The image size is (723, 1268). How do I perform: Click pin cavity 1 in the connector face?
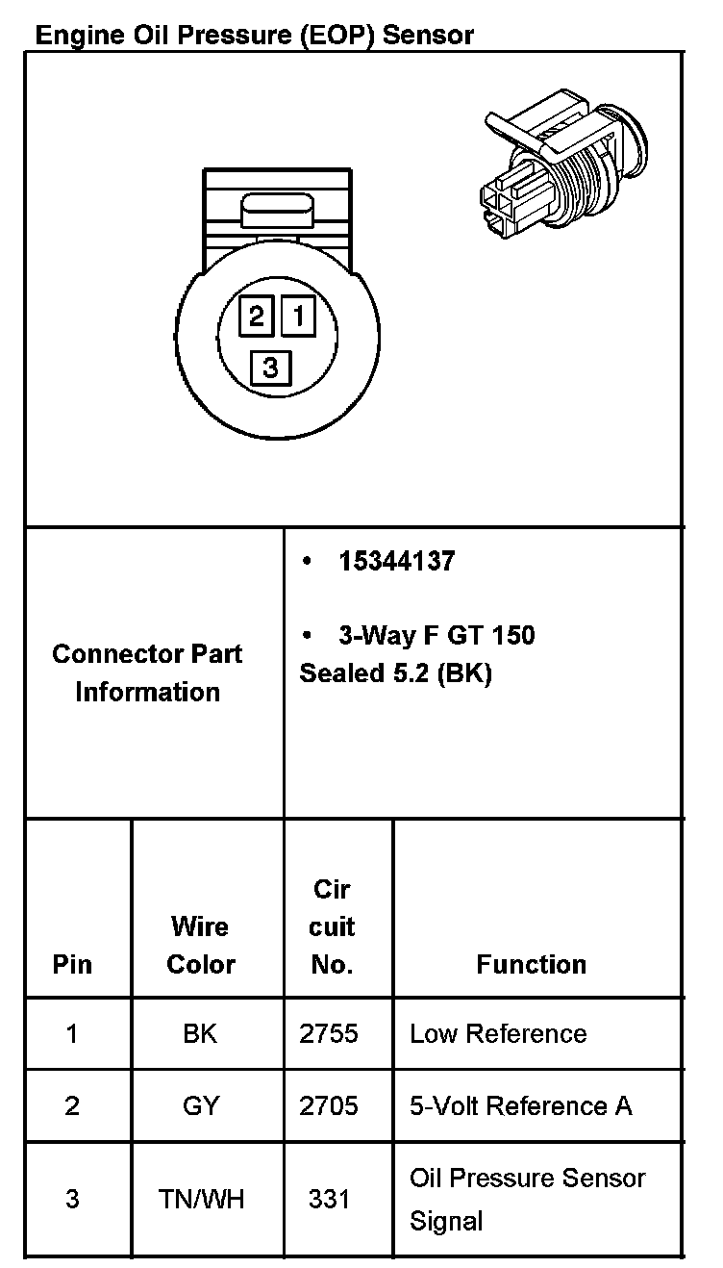pos(298,315)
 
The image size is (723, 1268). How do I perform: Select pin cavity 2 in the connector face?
pos(257,316)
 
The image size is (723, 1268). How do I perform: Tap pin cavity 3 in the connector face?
pos(270,367)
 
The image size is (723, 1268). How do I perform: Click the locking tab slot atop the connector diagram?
pos(277,208)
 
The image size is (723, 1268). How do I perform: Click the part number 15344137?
pos(396,561)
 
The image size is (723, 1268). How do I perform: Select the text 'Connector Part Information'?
pos(147,672)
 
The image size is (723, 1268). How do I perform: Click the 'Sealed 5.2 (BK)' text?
pos(395,673)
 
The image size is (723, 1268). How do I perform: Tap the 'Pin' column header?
pos(72,964)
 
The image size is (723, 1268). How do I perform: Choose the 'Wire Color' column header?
pos(201,945)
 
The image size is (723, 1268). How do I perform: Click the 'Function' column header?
pos(531,964)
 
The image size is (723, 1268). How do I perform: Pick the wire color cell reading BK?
pos(200,1033)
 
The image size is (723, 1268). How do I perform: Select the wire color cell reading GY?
pos(200,1105)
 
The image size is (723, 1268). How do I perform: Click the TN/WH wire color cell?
pos(201,1199)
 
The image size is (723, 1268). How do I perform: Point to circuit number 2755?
pos(329,1033)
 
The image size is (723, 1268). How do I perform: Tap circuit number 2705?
pos(329,1105)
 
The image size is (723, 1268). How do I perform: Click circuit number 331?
pos(329,1199)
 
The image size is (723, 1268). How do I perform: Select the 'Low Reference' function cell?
pos(498,1033)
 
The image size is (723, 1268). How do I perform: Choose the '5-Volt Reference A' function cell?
pos(521,1105)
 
